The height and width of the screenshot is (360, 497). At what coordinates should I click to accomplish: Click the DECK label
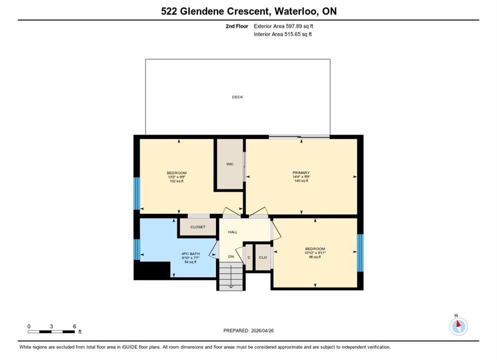237,97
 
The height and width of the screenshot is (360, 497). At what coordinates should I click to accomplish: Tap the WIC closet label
230,164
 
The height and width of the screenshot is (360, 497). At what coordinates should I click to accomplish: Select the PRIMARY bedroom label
301,172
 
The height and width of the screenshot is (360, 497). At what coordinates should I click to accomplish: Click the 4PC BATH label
190,254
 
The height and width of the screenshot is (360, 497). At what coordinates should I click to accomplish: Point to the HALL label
232,232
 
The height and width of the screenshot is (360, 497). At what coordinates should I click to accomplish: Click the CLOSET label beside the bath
198,227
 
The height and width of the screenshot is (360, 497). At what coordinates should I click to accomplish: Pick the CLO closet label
263,257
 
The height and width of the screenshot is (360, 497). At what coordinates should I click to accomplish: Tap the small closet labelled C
249,257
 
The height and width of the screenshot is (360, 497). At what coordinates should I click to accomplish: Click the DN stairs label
231,256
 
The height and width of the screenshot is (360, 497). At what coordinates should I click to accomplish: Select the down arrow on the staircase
231,276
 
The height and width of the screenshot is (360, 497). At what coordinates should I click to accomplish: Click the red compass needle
458,323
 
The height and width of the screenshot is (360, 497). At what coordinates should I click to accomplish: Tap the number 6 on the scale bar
74,326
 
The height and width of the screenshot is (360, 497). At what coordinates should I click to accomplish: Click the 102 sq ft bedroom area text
176,181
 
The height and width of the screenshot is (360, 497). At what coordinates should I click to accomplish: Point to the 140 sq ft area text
301,180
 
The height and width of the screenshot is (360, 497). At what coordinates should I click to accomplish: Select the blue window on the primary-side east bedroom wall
360,253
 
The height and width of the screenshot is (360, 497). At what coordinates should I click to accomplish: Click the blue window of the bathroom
136,249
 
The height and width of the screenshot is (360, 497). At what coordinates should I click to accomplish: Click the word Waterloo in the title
296,11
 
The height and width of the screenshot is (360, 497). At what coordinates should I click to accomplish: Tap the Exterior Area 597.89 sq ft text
283,26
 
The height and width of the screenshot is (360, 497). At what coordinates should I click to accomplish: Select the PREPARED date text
248,330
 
